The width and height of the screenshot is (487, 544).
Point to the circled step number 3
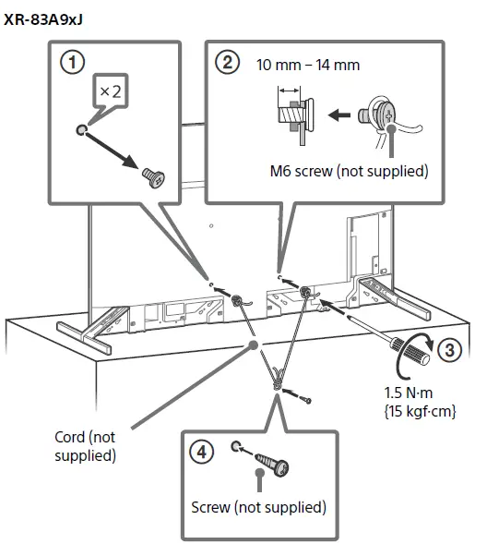(x=447, y=351)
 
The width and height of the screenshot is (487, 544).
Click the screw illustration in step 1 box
(x=151, y=178)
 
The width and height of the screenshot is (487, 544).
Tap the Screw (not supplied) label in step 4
(x=258, y=507)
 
